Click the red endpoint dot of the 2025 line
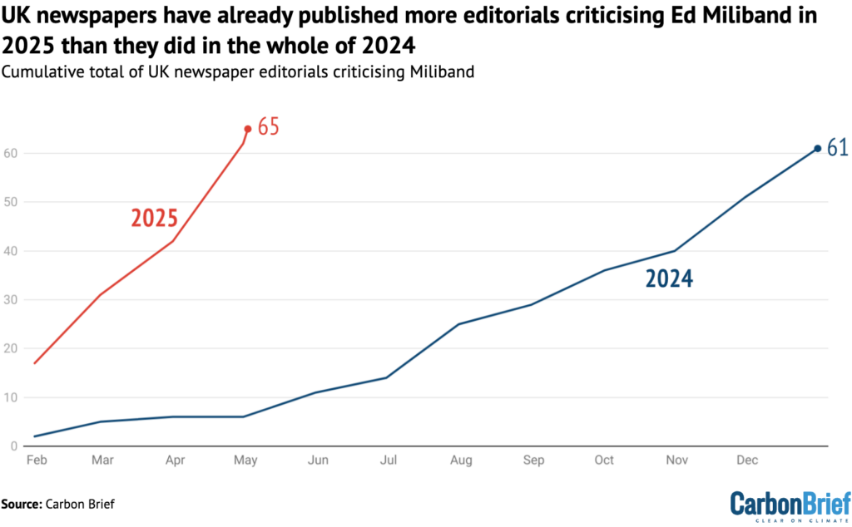coord(247,129)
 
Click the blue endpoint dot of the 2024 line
coord(817,148)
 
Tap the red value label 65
coord(268,127)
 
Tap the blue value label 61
coord(836,148)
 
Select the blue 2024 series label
coord(669,279)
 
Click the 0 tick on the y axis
coord(13,446)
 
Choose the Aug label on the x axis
coord(458,460)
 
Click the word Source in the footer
coord(22,503)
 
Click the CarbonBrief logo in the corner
coord(790,505)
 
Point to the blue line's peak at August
coord(458,324)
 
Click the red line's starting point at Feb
coord(35,363)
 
